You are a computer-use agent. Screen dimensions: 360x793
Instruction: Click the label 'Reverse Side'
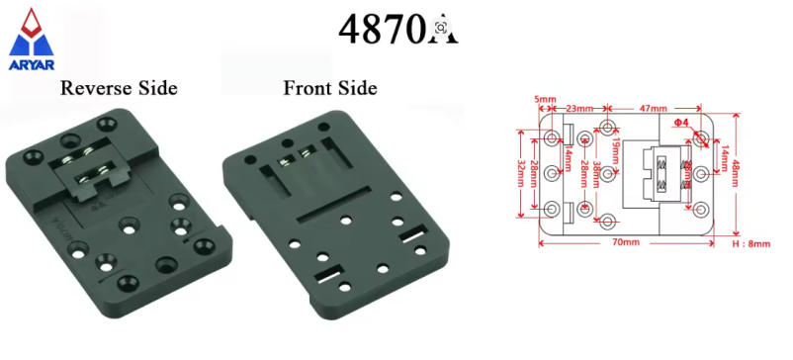tap(119, 88)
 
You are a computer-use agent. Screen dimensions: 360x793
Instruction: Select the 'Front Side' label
tap(330, 88)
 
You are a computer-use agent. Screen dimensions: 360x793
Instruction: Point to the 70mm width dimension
tap(625, 241)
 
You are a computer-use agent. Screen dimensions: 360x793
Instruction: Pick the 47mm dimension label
tap(653, 106)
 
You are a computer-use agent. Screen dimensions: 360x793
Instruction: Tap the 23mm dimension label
tap(578, 106)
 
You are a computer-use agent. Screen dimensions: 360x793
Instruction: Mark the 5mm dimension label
tap(544, 99)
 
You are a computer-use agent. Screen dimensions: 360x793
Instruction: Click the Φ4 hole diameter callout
tap(680, 122)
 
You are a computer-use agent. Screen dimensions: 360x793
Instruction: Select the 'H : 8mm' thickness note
tap(750, 242)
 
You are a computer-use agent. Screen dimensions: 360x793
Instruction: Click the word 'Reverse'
tap(95, 88)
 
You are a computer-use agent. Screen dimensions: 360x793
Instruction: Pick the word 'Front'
tap(307, 88)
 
